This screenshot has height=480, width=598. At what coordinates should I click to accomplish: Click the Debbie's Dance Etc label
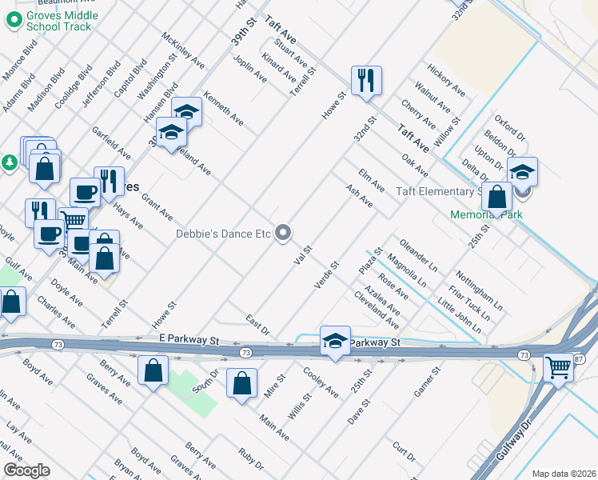point(224,234)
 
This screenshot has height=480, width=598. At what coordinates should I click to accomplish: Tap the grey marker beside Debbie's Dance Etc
point(283,233)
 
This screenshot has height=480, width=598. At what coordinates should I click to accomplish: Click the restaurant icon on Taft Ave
point(366,80)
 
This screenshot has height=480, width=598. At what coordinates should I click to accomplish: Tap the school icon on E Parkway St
point(335,341)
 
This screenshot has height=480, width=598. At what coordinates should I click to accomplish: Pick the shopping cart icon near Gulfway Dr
point(559,368)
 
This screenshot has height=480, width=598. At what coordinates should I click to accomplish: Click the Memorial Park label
point(479,215)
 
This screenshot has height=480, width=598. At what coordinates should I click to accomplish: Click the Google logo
point(26,470)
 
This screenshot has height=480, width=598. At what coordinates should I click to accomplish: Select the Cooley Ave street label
point(321,382)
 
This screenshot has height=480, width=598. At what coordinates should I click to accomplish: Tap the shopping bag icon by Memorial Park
point(496,197)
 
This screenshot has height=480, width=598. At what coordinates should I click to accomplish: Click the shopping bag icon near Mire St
point(241,383)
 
